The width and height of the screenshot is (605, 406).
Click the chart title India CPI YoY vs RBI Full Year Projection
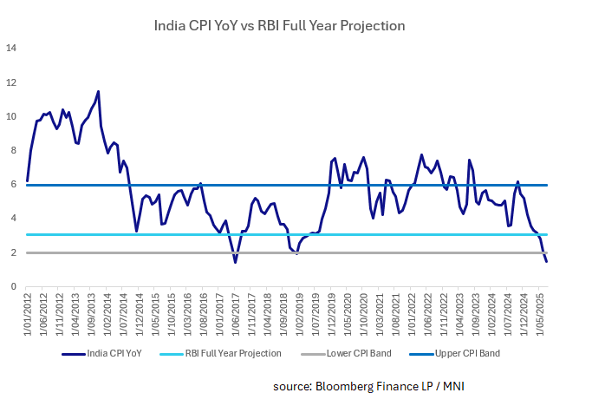[279, 25]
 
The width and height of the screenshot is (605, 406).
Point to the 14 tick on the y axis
[11, 49]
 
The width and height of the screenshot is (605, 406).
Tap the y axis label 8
[13, 151]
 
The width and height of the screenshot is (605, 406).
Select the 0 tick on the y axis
[13, 287]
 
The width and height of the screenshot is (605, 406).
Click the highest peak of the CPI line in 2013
[98, 91]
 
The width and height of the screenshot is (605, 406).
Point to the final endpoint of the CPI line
[546, 262]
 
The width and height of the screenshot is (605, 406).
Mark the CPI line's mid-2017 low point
[235, 262]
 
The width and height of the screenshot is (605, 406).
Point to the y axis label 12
[11, 82]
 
